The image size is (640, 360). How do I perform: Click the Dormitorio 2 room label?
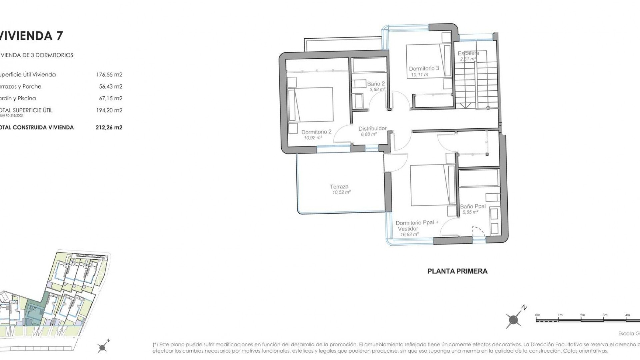(316, 132)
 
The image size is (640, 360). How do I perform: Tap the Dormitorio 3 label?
(424, 68)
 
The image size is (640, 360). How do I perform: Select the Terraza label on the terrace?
(339, 187)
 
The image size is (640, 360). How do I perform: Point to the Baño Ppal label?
(473, 206)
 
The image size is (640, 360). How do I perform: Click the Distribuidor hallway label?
(372, 128)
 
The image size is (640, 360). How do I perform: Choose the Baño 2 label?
(376, 84)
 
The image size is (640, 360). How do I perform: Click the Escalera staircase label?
(468, 53)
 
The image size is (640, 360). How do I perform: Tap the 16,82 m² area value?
(409, 235)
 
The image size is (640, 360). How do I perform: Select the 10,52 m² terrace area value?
(341, 193)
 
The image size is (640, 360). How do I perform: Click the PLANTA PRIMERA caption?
(457, 271)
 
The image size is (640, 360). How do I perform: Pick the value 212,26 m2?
(109, 127)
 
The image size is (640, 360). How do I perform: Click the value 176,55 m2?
(109, 75)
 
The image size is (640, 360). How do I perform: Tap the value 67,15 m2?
(111, 98)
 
